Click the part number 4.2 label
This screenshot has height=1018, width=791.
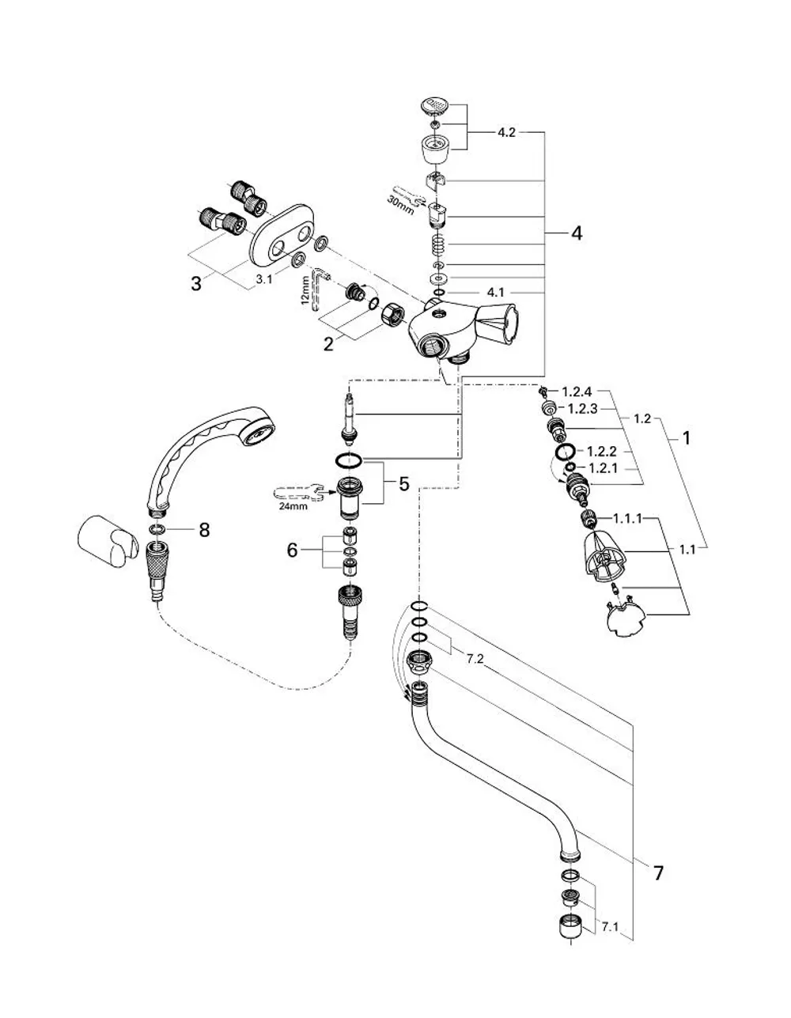tap(505, 133)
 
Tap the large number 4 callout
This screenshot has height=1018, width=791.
tap(577, 233)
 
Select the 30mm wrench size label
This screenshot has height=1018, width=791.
tap(400, 205)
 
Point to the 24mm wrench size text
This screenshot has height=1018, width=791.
tap(293, 506)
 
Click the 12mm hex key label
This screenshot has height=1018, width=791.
tap(305, 291)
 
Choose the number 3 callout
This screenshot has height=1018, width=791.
tap(196, 283)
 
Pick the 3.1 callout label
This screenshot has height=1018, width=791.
tap(263, 279)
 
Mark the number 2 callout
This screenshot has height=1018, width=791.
tap(328, 344)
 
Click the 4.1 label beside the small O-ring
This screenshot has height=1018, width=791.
tap(495, 293)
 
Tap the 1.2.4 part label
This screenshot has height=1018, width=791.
tap(577, 392)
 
